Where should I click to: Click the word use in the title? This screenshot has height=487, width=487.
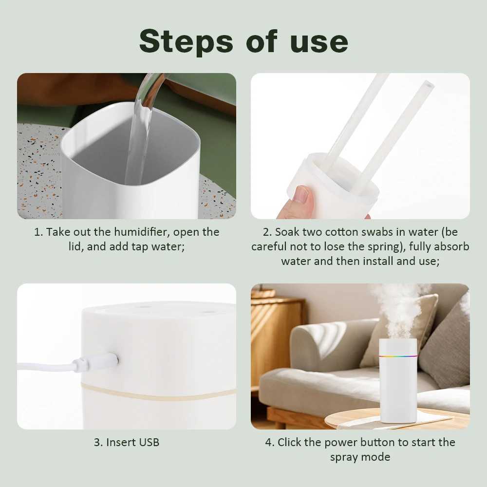point(319,42)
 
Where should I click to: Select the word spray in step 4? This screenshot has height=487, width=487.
point(343,457)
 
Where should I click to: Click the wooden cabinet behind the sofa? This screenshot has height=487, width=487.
point(276,336)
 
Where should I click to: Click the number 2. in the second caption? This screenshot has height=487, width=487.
point(266,232)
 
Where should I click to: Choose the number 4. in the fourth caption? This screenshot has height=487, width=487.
point(269,442)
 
